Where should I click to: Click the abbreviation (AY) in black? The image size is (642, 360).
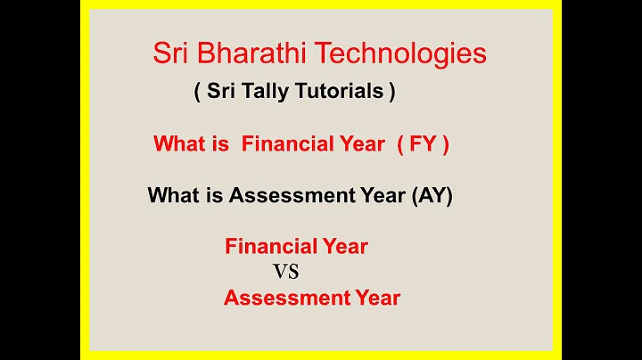432,195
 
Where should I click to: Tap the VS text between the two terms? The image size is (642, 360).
285,273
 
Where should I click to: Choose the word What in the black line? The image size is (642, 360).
173,195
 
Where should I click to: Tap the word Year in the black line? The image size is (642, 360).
383,195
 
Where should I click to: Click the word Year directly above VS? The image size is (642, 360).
346,246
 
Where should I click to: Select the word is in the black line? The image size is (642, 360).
216,195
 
